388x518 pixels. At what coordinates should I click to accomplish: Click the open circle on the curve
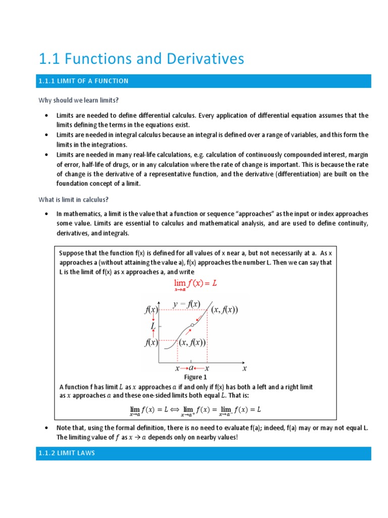pos(192,325)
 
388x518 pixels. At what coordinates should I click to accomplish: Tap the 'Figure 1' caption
pos(195,377)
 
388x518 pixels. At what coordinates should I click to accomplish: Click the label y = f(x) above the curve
pos(186,304)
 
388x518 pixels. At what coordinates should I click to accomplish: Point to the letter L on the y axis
pos(153,326)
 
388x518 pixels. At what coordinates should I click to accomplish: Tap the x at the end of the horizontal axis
pos(245,369)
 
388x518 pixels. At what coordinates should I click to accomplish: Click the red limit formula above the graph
pos(196,285)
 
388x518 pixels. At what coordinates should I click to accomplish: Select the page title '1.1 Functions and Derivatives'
pos(141,59)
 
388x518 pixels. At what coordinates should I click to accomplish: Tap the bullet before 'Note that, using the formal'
pos(46,428)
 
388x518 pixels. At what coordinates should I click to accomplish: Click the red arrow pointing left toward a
pos(199,369)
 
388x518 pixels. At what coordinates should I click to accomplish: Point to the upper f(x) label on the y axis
pos(151,310)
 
